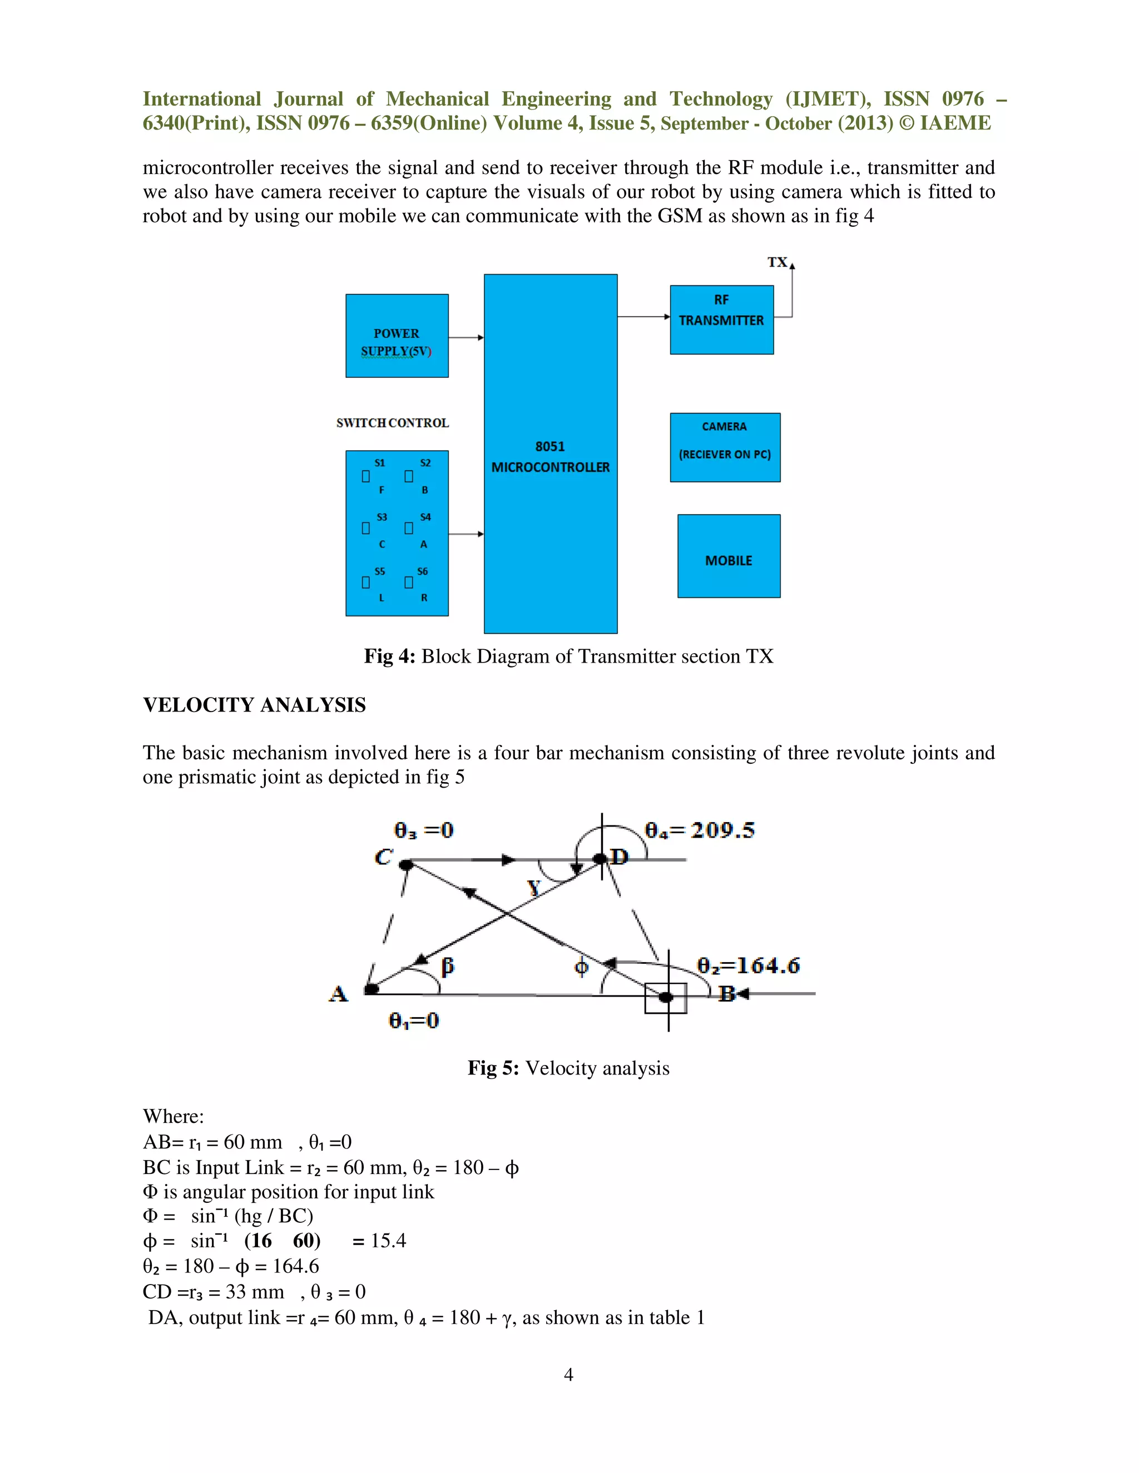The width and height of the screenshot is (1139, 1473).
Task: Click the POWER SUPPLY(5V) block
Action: (397, 336)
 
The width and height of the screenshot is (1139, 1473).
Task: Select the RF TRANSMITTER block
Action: (721, 320)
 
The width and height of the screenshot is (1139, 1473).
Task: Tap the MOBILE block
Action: (729, 556)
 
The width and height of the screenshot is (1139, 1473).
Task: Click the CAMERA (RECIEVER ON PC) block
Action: (725, 447)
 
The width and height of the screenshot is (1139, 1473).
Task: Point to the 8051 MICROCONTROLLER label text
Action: (550, 456)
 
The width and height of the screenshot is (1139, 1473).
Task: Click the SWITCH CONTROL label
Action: (392, 423)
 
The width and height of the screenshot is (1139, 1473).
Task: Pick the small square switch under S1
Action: (366, 476)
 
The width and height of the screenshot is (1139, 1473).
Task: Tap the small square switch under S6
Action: (408, 582)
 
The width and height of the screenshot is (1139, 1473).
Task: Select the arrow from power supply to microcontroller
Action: (465, 337)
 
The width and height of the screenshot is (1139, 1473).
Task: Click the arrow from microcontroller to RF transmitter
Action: (643, 316)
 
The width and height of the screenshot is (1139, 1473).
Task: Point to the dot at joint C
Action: (405, 864)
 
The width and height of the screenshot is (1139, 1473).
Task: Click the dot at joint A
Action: (370, 989)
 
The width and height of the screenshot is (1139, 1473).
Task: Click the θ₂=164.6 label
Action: (747, 966)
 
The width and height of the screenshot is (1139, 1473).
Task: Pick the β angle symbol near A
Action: (447, 967)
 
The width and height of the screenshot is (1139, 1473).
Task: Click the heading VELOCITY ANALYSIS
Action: (254, 705)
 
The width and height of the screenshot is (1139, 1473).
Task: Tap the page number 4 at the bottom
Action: (569, 1374)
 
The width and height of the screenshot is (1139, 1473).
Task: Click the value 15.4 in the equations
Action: (388, 1240)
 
